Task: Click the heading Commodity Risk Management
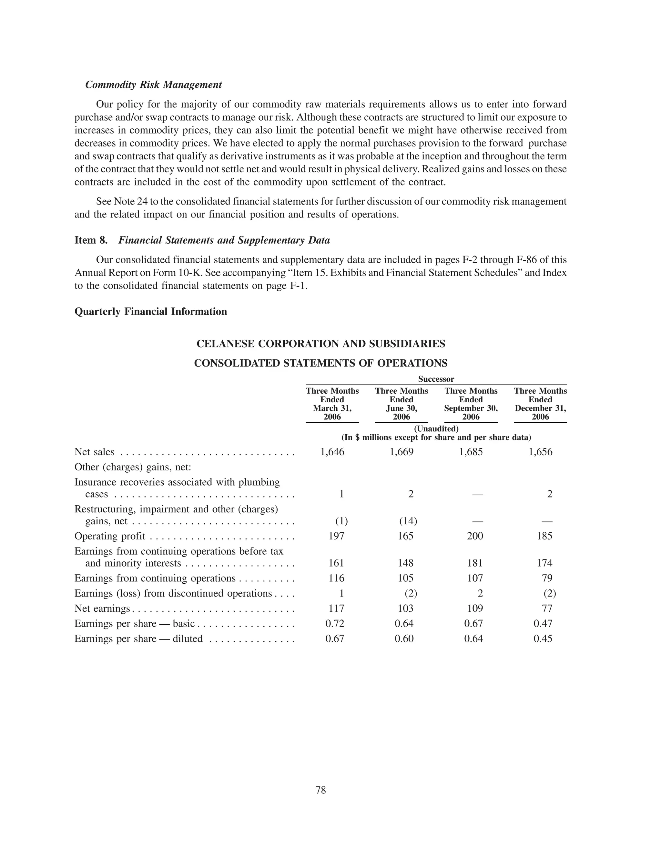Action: click(154, 85)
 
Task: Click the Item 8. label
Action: click(91, 240)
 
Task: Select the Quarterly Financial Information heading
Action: click(151, 311)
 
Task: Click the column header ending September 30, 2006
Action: click(471, 404)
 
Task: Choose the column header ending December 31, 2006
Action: click(540, 404)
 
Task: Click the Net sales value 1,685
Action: click(471, 452)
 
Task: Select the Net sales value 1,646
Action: click(332, 452)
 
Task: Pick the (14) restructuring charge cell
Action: click(408, 521)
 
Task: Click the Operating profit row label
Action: click(110, 536)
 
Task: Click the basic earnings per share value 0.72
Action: click(335, 623)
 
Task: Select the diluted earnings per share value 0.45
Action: click(543, 639)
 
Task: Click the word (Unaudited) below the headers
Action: click(436, 429)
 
